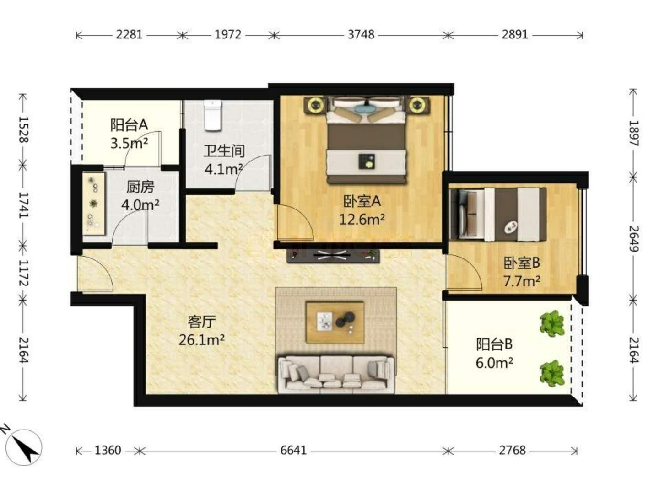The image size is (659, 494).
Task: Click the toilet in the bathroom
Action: coord(212,115)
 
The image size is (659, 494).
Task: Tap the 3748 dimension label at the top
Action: coord(361,35)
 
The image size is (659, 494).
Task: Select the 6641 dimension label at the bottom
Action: coord(293,450)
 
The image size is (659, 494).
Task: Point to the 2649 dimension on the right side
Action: coord(633,239)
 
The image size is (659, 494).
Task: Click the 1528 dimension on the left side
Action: coord(23,129)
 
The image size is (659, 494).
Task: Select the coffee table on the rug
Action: coord(335,322)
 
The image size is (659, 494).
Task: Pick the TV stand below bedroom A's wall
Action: coord(333,256)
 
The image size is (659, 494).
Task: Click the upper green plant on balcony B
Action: coord(552,324)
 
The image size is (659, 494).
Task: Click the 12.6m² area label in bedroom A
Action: coord(362,220)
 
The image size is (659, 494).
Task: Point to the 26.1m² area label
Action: coord(201,340)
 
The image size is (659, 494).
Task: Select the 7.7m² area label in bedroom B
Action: coord(522,281)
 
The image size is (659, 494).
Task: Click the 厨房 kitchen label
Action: coord(140,187)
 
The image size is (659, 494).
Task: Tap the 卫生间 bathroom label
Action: coord(224,151)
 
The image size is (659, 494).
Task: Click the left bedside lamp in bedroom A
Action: coord(315,105)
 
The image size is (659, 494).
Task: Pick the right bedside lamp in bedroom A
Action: coord(417,105)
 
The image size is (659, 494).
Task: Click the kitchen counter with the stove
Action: coord(93,204)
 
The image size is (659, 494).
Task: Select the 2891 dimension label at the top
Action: coord(514,35)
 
